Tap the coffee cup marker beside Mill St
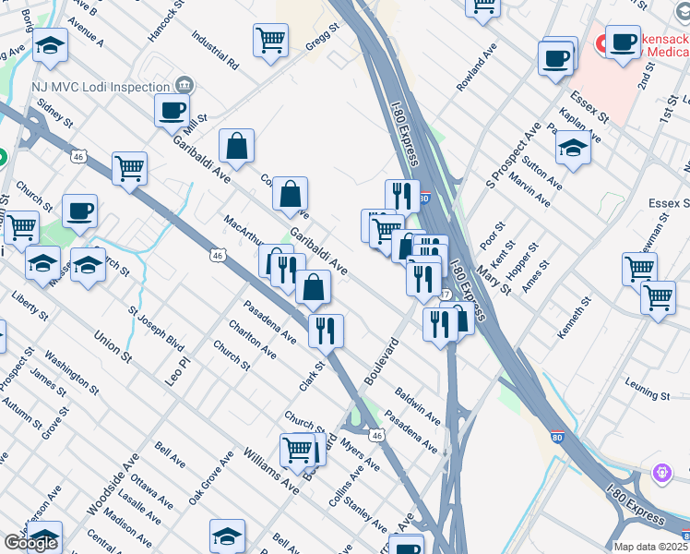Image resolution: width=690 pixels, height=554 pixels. click(x=172, y=111)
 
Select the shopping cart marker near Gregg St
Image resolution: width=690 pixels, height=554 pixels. click(x=271, y=40)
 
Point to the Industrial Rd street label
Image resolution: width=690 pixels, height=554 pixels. click(x=215, y=53)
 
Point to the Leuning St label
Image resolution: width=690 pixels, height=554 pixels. click(x=647, y=395)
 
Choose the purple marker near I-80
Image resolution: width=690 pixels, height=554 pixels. click(x=661, y=473)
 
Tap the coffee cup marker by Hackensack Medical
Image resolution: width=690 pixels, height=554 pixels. click(x=623, y=41)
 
